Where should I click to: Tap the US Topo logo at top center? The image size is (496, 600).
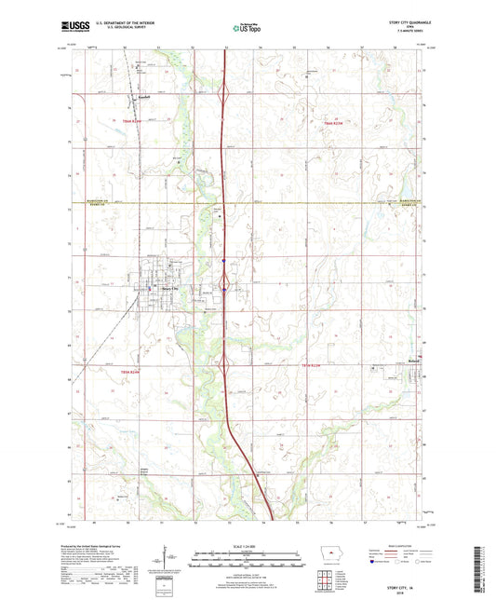coord(248,29)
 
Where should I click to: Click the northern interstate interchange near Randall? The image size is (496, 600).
coord(223,93)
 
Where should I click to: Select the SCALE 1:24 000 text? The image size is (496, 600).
coord(248,546)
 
